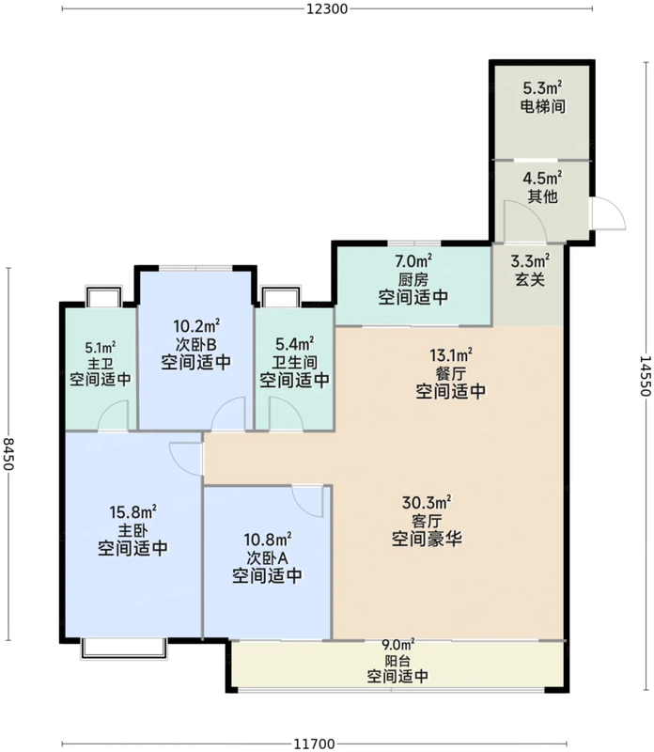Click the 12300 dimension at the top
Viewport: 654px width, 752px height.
click(x=327, y=8)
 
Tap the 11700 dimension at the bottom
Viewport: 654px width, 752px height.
click(x=314, y=744)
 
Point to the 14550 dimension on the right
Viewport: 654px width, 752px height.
click(x=646, y=375)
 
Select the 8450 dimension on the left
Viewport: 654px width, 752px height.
click(x=8, y=454)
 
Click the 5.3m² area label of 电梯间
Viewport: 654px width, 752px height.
click(x=542, y=87)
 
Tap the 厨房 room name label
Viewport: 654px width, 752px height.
click(x=413, y=279)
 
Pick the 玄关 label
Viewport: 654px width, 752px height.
click(x=530, y=279)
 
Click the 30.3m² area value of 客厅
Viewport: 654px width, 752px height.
click(x=427, y=503)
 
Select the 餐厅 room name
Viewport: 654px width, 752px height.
click(x=450, y=373)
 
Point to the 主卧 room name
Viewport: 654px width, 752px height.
click(x=132, y=530)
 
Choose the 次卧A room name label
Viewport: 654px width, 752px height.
click(x=267, y=557)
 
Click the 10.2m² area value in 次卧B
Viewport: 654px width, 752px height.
click(x=196, y=326)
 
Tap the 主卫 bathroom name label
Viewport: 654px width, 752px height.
click(x=101, y=363)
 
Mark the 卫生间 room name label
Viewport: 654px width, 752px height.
click(x=294, y=362)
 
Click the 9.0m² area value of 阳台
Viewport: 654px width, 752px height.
click(x=397, y=646)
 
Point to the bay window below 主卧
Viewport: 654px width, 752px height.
click(x=124, y=649)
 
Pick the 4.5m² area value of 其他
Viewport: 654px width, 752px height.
click(x=542, y=179)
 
